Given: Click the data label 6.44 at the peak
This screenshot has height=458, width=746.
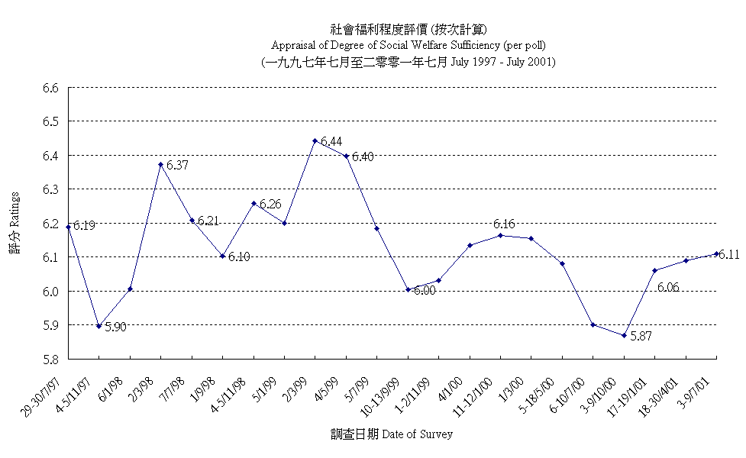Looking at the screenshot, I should point(331,142).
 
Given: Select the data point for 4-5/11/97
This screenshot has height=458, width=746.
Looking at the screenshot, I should point(99,326).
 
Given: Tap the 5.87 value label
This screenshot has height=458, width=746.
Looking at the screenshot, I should point(640,336).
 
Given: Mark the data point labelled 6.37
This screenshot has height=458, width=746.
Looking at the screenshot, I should point(160,164).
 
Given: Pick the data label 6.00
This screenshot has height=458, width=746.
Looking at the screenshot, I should point(425,291).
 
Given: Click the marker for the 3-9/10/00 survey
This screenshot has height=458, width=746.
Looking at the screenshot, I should point(624,335).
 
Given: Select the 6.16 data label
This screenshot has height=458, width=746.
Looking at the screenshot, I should point(504,224).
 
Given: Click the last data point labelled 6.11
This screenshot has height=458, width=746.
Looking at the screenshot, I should point(716,253).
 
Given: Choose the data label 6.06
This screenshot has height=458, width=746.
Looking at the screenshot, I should point(668,288).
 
